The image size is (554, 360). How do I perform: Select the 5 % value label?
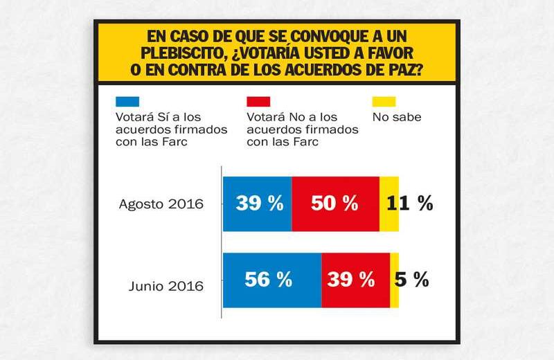point(412,280)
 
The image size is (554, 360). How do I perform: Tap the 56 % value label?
point(268,280)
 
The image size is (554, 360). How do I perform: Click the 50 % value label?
point(334,204)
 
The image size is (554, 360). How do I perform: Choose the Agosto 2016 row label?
point(160,204)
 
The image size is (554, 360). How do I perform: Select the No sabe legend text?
point(397,117)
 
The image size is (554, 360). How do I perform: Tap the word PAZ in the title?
point(406,70)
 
